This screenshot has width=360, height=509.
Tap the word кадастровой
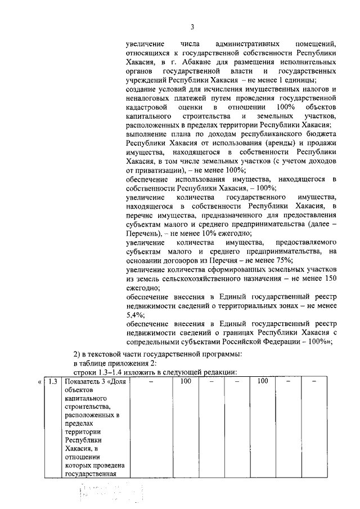pos(146,106)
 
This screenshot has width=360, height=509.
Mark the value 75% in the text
pos(282,259)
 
